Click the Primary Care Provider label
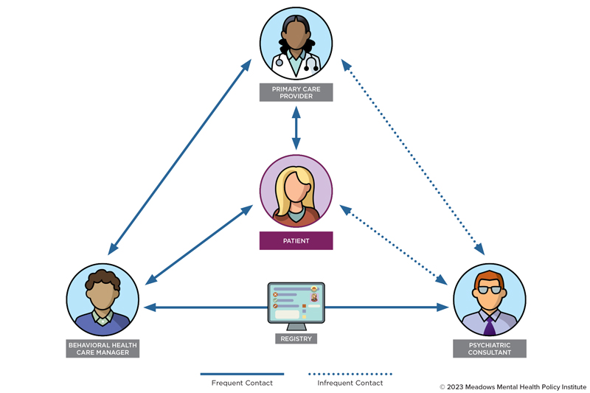[296, 92]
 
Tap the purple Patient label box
[296, 241]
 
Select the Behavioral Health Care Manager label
[102, 349]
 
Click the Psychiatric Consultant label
[489, 349]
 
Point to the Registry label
[296, 339]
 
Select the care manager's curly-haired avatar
[102, 299]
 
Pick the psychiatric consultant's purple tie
[490, 325]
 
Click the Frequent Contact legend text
[242, 383]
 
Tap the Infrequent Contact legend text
[350, 383]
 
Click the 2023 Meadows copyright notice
[513, 386]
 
